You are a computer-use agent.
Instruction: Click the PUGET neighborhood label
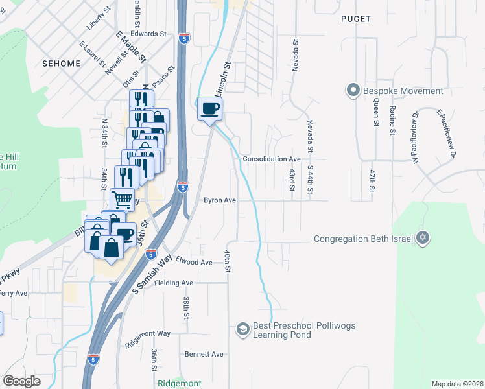[357, 19]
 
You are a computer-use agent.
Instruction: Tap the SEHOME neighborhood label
[60, 64]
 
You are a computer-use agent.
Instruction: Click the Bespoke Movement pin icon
[353, 91]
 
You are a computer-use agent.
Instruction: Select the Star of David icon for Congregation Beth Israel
[423, 239]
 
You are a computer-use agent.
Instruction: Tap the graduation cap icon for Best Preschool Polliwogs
[243, 330]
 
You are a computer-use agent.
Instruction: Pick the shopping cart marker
[121, 199]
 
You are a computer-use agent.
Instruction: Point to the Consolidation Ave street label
[271, 159]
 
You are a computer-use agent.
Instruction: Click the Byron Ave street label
[220, 200]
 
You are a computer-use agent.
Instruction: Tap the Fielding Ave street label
[174, 283]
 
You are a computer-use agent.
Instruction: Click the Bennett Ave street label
[204, 354]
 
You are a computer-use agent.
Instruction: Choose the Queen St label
[375, 117]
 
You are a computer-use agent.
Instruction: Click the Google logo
[21, 381]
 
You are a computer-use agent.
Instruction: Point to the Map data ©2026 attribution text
[457, 384]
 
